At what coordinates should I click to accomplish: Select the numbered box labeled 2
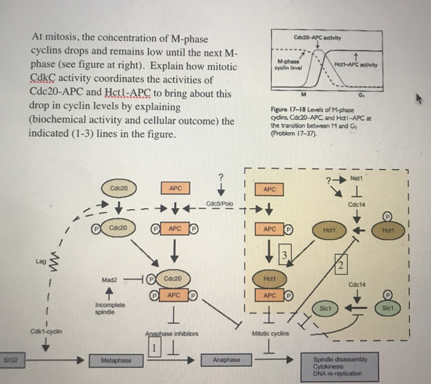pos(340,265)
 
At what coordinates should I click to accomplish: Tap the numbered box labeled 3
pos(284,255)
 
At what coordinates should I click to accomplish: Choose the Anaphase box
pos(227,359)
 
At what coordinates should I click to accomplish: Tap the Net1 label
pos(355,178)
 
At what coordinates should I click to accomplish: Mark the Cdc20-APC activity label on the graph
pos(326,35)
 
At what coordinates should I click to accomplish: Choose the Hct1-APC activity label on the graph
pos(356,65)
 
